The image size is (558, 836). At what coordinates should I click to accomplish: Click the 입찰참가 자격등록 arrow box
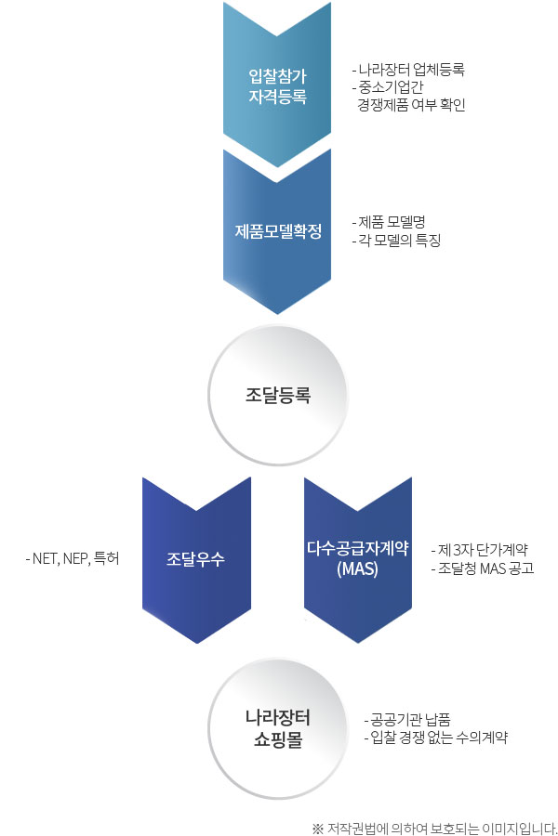click(277, 84)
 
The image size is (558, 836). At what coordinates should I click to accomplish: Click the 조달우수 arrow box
click(196, 559)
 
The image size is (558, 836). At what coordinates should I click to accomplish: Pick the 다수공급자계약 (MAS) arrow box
click(358, 559)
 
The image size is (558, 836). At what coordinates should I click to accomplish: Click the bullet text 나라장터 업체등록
click(408, 70)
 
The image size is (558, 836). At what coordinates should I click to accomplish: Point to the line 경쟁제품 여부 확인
click(411, 105)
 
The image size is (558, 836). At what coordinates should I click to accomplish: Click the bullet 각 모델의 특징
click(396, 241)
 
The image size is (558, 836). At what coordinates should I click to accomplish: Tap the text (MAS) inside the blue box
click(358, 568)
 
